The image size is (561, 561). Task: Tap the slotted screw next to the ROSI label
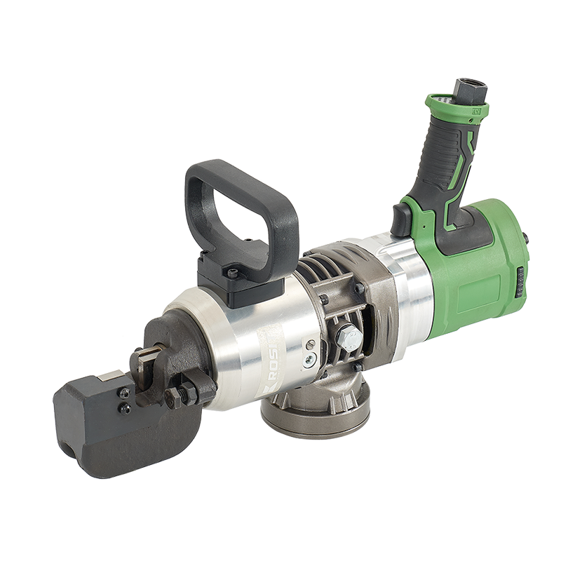click(309, 344)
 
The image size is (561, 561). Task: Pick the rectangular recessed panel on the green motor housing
click(476, 295)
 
